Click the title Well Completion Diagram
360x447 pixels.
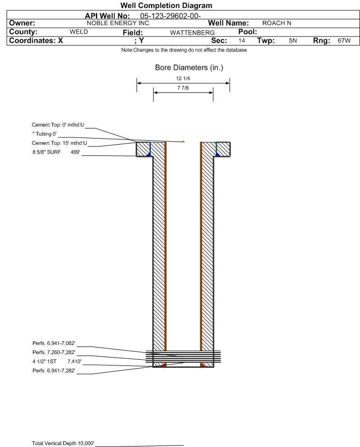(x=166, y=5)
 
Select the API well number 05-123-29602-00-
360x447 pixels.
(x=171, y=16)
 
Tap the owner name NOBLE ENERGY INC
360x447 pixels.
(x=118, y=23)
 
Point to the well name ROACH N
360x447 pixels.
(x=277, y=23)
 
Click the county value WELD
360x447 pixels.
(x=79, y=32)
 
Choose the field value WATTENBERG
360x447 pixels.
(x=192, y=33)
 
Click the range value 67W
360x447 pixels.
(x=344, y=40)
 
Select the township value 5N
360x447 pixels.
(x=293, y=40)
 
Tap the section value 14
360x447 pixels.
(x=241, y=40)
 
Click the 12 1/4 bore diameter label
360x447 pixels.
(x=183, y=78)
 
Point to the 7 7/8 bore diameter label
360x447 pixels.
(x=183, y=88)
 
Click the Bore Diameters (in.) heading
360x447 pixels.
(x=189, y=68)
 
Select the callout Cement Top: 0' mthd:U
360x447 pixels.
(x=58, y=125)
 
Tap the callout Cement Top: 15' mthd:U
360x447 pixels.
(x=59, y=143)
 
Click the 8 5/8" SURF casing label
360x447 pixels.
(x=46, y=152)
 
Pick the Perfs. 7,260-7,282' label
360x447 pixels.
(x=54, y=352)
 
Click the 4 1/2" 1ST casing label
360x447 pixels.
(x=45, y=362)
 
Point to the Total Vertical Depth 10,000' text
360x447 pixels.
(x=63, y=443)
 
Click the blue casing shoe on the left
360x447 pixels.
(x=148, y=154)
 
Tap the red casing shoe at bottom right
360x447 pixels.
(x=202, y=365)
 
